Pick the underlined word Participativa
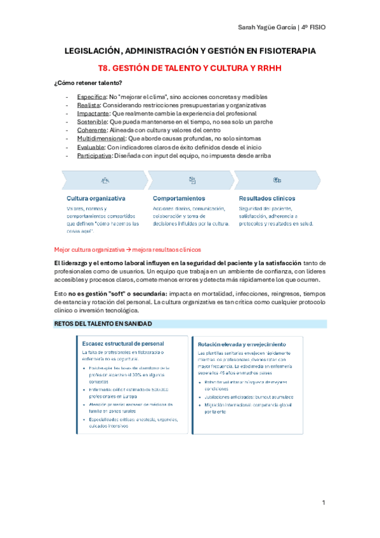point(94,155)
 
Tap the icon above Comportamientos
point(192,180)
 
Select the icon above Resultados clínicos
point(277,180)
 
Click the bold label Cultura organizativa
point(96,198)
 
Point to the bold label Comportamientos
point(179,198)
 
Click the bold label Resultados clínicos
point(266,198)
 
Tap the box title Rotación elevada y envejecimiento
point(242,344)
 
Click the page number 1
point(324,502)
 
